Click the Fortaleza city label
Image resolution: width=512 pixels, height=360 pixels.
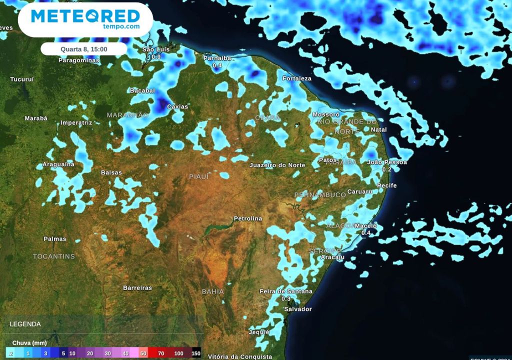point(297,78)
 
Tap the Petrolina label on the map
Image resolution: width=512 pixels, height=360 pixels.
point(248,218)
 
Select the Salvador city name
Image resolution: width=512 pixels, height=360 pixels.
point(297,309)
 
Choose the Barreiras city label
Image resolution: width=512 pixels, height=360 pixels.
point(137,287)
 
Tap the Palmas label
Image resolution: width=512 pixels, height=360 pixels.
point(55,238)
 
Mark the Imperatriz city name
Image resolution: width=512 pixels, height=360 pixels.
point(76,122)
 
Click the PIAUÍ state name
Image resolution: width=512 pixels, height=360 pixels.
point(199,176)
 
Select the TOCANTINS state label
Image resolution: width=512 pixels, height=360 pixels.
point(54,256)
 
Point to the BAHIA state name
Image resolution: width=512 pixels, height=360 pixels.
point(213,291)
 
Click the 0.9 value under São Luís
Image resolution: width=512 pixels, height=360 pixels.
point(156,57)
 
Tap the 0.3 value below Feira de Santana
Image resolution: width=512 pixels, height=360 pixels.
point(286,298)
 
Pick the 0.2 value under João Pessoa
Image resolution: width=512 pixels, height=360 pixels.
point(387,169)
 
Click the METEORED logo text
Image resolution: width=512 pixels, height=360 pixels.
point(85,16)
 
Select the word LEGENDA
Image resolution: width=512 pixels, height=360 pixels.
point(25,324)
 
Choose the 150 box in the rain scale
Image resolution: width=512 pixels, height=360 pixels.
point(195,353)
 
